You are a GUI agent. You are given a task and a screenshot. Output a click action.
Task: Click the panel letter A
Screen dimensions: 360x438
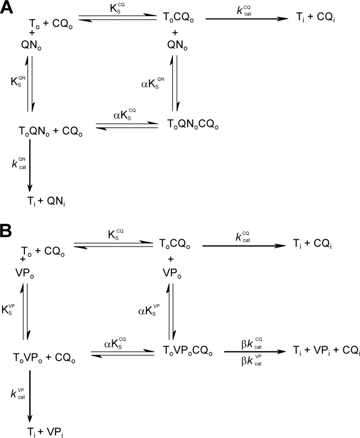6,7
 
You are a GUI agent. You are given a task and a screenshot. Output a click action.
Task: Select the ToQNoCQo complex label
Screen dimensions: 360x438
193,125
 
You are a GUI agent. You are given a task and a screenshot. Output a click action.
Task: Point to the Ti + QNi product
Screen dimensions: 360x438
46,201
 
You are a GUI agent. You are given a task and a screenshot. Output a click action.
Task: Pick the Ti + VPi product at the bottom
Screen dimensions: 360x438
45,432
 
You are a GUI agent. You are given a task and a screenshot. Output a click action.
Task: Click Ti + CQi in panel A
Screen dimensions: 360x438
315,18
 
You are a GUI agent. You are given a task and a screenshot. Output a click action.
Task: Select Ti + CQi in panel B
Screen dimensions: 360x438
312,244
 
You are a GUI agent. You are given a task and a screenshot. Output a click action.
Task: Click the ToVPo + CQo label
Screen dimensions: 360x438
44,358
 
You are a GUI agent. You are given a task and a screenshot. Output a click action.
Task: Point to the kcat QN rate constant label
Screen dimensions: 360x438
19,163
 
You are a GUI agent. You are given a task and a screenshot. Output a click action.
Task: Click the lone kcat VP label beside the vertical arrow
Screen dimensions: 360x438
18,393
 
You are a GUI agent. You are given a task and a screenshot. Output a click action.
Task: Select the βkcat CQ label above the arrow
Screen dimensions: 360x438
252,344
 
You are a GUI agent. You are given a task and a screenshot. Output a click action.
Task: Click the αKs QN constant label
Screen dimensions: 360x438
153,83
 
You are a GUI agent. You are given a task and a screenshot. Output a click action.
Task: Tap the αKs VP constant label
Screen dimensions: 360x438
149,310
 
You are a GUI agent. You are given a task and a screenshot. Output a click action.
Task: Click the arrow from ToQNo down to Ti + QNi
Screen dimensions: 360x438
30,166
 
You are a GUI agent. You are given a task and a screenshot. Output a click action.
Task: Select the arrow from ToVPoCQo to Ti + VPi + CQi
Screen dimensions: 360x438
255,352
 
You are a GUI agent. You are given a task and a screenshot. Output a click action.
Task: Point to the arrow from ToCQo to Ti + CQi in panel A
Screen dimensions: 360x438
247,19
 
